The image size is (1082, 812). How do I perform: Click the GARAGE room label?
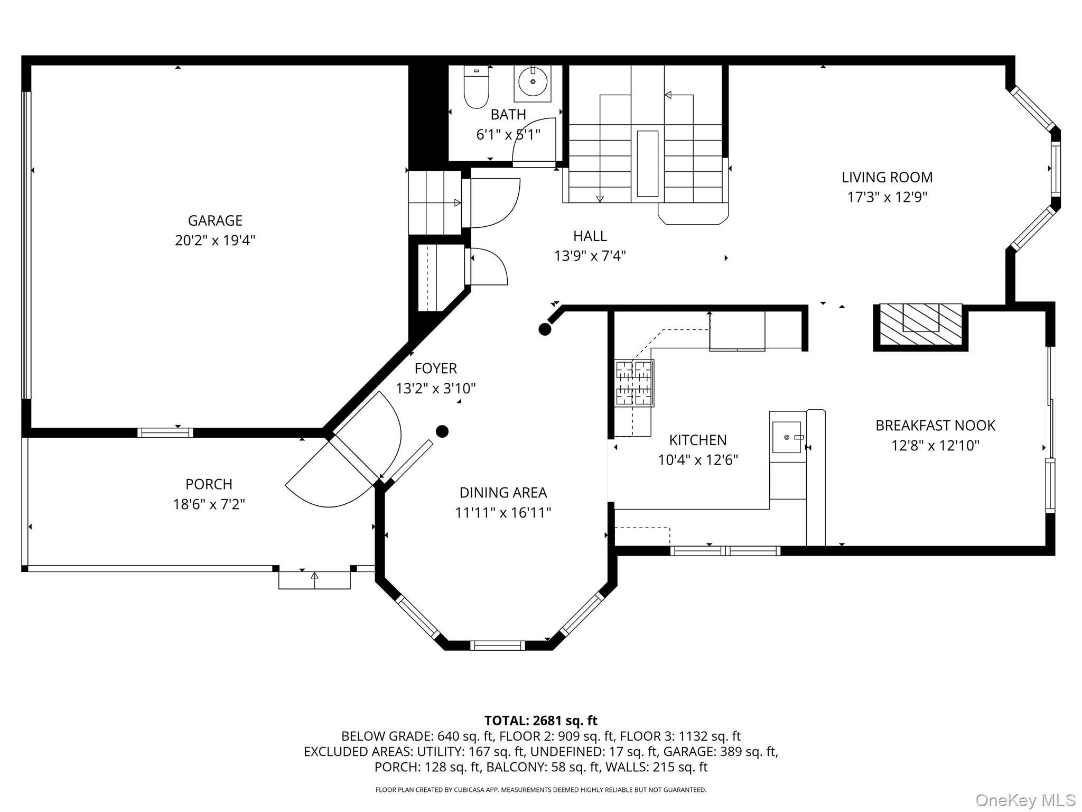click(215, 220)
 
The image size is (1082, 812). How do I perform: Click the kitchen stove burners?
click(634, 383)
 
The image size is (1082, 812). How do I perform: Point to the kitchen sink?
click(787, 437)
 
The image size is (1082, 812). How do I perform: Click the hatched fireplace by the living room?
click(920, 325)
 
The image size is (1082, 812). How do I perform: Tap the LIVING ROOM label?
click(887, 177)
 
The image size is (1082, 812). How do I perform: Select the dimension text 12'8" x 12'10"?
click(935, 446)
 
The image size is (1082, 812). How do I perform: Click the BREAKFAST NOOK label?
click(935, 426)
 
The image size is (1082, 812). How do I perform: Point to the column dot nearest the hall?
click(545, 329)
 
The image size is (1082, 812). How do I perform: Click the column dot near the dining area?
click(442, 431)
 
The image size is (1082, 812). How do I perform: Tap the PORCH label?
click(209, 484)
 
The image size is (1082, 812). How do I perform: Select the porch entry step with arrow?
click(314, 579)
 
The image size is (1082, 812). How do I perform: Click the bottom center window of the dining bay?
click(497, 645)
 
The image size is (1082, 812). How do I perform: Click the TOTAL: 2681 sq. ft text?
click(540, 721)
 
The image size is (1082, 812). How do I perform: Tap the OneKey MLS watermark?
click(1025, 800)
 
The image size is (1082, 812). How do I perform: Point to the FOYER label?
click(435, 368)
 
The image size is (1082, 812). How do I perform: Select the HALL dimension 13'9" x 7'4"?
click(590, 256)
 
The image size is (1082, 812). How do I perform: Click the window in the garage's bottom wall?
click(165, 432)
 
